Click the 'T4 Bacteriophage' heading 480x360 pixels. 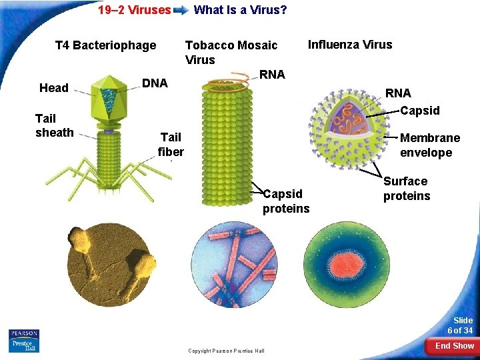click(x=105, y=45)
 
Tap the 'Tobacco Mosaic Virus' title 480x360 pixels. click(x=231, y=52)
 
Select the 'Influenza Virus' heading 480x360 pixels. click(x=349, y=45)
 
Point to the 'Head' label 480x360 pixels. click(x=53, y=88)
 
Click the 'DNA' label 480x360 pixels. click(x=155, y=83)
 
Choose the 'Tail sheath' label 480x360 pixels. click(x=54, y=125)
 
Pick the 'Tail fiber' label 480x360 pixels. click(x=171, y=144)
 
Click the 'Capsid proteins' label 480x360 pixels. click(x=285, y=201)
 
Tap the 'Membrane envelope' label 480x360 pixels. click(x=429, y=145)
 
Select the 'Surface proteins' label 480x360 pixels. click(x=406, y=189)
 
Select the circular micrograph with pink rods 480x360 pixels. click(x=234, y=267)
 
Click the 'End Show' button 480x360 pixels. click(x=454, y=346)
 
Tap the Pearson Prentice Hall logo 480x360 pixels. click(x=23, y=340)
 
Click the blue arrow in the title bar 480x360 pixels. click(x=181, y=11)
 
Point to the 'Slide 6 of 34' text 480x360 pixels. click(x=459, y=325)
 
